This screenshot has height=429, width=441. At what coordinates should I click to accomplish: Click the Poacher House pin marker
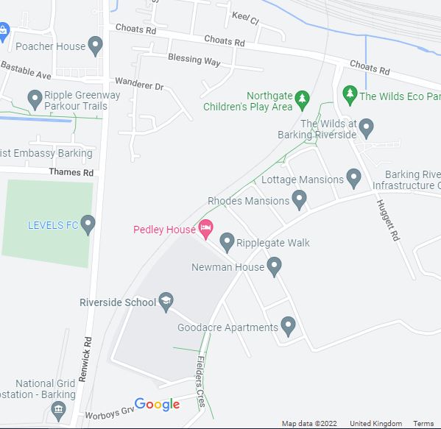point(95,46)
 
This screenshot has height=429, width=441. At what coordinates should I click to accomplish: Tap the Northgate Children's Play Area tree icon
point(301,99)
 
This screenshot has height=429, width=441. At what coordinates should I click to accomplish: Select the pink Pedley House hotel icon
point(206,229)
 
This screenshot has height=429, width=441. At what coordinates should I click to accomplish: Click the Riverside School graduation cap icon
point(167,302)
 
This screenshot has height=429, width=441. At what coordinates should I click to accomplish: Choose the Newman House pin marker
point(275,266)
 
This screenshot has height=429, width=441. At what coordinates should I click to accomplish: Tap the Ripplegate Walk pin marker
point(227,241)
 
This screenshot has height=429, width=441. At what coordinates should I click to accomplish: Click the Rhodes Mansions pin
point(299,199)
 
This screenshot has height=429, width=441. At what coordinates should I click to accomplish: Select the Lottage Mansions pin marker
point(354,178)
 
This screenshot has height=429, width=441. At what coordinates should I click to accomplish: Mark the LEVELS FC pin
point(88,224)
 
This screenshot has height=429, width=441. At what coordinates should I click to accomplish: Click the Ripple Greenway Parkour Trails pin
point(34,99)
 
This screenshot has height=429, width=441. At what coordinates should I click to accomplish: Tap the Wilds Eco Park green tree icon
point(349,95)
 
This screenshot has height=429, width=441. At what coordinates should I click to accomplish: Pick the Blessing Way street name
point(194,60)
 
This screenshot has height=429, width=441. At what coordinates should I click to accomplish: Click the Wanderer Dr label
point(138,86)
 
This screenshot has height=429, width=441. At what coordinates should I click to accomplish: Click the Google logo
point(157,404)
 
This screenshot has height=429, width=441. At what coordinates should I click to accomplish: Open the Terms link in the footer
point(423,424)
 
